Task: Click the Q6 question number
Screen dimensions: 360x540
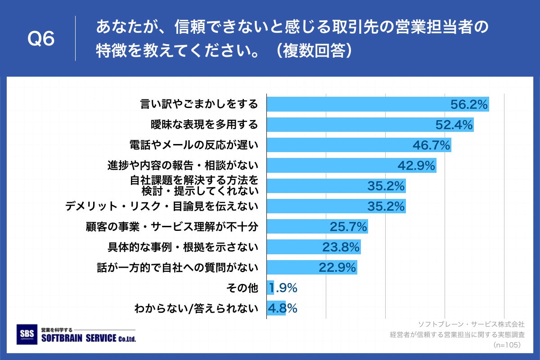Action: [41, 39]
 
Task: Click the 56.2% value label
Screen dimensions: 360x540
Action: [469, 104]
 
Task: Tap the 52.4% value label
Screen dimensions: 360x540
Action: [454, 125]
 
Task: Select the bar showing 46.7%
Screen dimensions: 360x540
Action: [359, 145]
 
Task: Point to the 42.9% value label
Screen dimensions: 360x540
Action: [416, 166]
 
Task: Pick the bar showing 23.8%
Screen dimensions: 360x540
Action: [314, 247]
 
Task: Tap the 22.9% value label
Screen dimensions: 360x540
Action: [337, 268]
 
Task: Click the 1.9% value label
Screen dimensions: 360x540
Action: [283, 288]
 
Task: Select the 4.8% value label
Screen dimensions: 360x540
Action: [282, 308]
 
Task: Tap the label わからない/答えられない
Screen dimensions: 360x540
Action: [196, 309]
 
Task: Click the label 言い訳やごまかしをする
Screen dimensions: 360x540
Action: [199, 104]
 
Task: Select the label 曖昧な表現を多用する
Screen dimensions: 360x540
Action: [204, 125]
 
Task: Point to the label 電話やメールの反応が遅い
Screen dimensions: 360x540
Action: [193, 145]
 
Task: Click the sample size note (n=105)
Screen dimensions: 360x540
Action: [507, 345]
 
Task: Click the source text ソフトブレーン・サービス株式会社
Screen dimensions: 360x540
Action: [471, 324]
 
